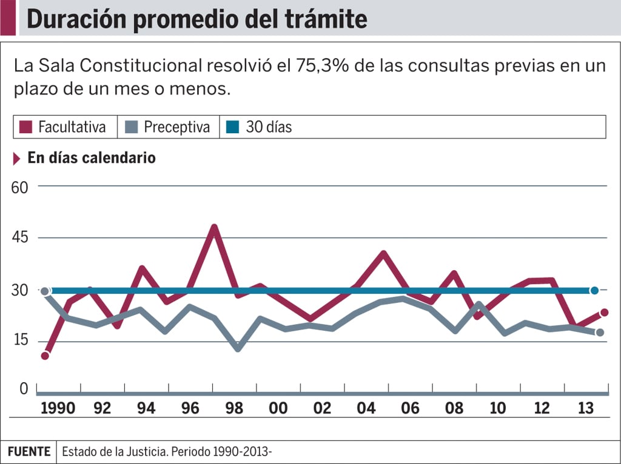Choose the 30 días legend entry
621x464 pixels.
click(261, 127)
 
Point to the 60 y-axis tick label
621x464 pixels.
click(20, 187)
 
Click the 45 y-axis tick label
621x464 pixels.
click(20, 238)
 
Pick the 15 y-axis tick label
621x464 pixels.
click(20, 340)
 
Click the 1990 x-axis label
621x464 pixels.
click(58, 408)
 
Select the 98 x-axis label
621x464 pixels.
click(234, 408)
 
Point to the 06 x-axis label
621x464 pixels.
click(410, 408)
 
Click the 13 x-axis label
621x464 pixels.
click(585, 408)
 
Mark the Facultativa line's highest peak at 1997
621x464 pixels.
click(214, 228)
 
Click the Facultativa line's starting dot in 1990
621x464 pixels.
click(45, 356)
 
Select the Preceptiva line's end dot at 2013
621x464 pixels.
click(600, 333)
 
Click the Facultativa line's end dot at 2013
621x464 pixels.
click(604, 313)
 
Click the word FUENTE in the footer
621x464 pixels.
click(29, 452)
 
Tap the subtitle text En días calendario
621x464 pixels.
click(92, 158)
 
